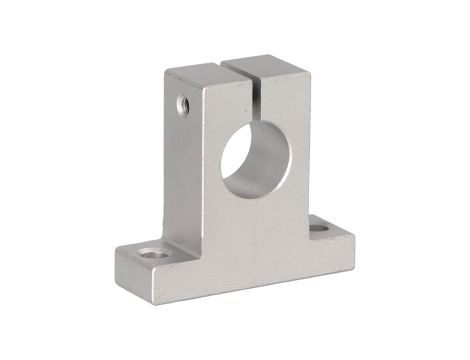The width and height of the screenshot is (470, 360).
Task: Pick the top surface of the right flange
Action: (x=325, y=226)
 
